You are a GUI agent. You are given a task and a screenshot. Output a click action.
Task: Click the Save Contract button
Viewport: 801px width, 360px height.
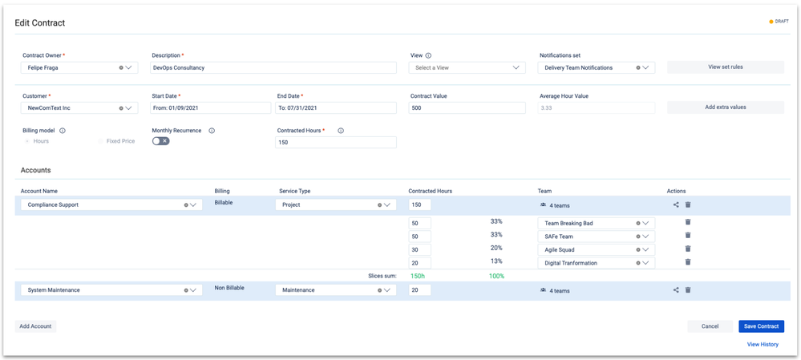pyautogui.click(x=761, y=326)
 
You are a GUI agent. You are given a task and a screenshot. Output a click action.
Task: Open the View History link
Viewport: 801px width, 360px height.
pyautogui.click(x=763, y=345)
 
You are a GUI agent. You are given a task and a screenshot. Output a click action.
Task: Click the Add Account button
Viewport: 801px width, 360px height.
pyautogui.click(x=35, y=326)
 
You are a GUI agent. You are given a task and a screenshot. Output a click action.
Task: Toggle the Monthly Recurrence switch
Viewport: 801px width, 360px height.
pyautogui.click(x=161, y=141)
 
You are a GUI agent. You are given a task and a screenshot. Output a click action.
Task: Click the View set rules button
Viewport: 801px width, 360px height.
pyautogui.click(x=725, y=67)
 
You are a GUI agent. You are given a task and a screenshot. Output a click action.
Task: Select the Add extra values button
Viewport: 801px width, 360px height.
pyautogui.click(x=725, y=107)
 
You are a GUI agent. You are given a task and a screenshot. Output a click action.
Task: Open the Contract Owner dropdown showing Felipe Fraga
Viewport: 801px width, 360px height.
pyautogui.click(x=79, y=68)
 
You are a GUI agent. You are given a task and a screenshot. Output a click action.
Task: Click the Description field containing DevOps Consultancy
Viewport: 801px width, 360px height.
pyautogui.click(x=273, y=68)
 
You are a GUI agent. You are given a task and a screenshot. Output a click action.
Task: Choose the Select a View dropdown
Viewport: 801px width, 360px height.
pyautogui.click(x=467, y=68)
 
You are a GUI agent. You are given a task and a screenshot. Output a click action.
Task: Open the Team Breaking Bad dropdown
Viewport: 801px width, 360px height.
pyautogui.click(x=596, y=224)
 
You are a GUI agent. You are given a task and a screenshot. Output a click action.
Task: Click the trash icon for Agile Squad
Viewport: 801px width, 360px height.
pyautogui.click(x=688, y=249)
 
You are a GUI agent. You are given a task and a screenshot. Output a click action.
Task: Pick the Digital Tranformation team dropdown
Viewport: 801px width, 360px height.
pyautogui.click(x=596, y=263)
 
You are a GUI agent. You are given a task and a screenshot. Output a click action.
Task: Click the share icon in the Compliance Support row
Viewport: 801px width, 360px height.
pyautogui.click(x=676, y=204)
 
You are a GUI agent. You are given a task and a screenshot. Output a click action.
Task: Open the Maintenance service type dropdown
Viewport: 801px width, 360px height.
pyautogui.click(x=335, y=290)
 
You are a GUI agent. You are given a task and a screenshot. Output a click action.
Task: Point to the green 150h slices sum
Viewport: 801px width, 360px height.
pyautogui.click(x=418, y=276)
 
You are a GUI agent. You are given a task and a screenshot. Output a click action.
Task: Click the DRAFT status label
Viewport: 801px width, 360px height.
pyautogui.click(x=779, y=22)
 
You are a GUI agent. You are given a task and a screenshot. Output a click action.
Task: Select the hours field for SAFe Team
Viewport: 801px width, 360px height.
pyautogui.click(x=419, y=237)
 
